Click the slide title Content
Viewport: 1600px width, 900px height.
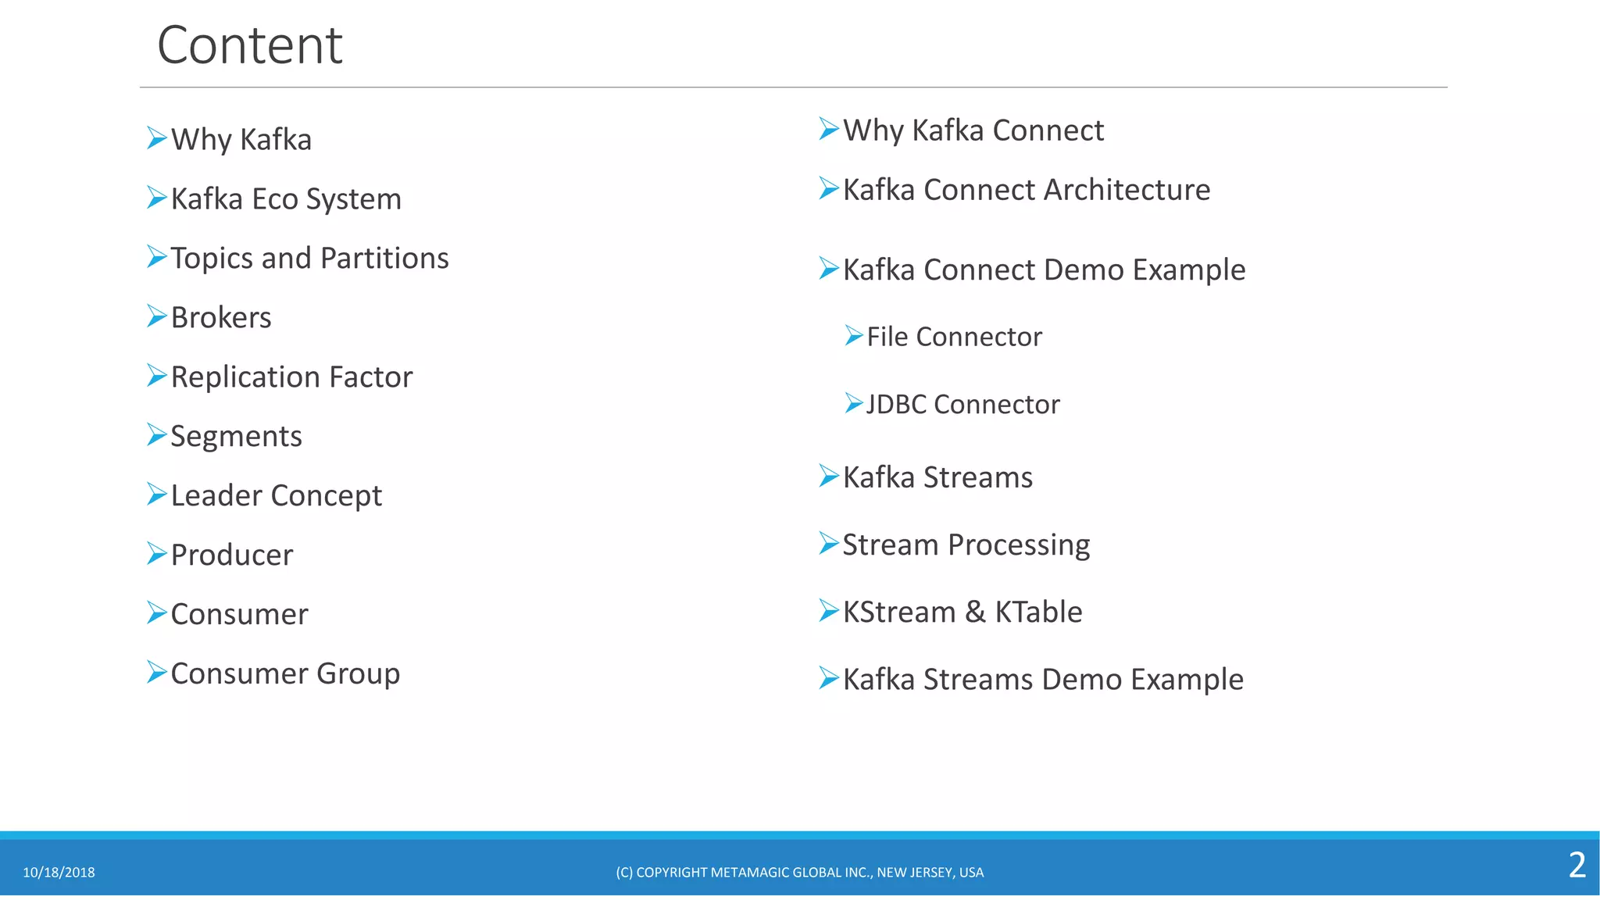tap(249, 45)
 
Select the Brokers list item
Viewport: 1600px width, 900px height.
tap(221, 318)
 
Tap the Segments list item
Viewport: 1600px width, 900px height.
tap(236, 437)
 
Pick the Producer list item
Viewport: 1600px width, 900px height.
tap(232, 555)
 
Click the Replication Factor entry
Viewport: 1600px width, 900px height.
tap(291, 377)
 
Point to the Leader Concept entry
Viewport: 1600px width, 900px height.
tap(276, 496)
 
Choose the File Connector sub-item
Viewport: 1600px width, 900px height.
tap(954, 337)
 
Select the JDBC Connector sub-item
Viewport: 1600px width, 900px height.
tap(962, 405)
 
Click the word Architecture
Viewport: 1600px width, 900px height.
tap(1127, 190)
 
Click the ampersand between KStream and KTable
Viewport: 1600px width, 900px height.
tap(975, 612)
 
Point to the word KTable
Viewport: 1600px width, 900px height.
tap(1038, 612)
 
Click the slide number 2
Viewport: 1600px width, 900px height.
tap(1577, 865)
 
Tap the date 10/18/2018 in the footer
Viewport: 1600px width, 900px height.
tap(59, 873)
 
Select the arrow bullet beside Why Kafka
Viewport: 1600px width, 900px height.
tap(156, 138)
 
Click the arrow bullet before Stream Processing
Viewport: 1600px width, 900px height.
tap(828, 543)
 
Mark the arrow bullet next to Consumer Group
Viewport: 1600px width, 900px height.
tap(156, 672)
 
